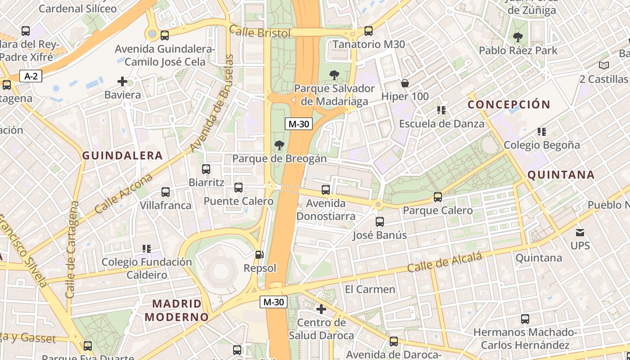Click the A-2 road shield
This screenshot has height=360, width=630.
click(31, 76)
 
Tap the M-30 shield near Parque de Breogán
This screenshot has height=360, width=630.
click(298, 124)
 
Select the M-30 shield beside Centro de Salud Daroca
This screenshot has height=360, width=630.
click(273, 302)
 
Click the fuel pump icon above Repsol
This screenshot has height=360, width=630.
click(259, 255)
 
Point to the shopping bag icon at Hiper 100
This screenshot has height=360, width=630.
click(405, 83)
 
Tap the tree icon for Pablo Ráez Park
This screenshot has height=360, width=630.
click(517, 37)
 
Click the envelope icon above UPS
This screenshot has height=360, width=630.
click(580, 233)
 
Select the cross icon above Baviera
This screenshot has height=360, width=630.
click(122, 81)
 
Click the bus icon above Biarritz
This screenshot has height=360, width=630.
click(206, 169)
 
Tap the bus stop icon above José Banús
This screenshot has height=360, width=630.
click(380, 222)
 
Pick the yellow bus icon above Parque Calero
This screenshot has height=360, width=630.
click(437, 197)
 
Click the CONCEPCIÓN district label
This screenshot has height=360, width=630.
click(509, 105)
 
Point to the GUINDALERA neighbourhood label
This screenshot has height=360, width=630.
click(122, 156)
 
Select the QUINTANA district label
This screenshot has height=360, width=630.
click(561, 175)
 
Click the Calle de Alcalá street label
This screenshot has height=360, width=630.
click(445, 262)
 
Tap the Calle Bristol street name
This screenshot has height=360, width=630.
click(260, 32)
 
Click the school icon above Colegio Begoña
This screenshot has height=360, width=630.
click(542, 132)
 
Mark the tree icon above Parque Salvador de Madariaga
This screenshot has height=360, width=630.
click(334, 75)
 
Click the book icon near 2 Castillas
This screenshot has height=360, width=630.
click(604, 66)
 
